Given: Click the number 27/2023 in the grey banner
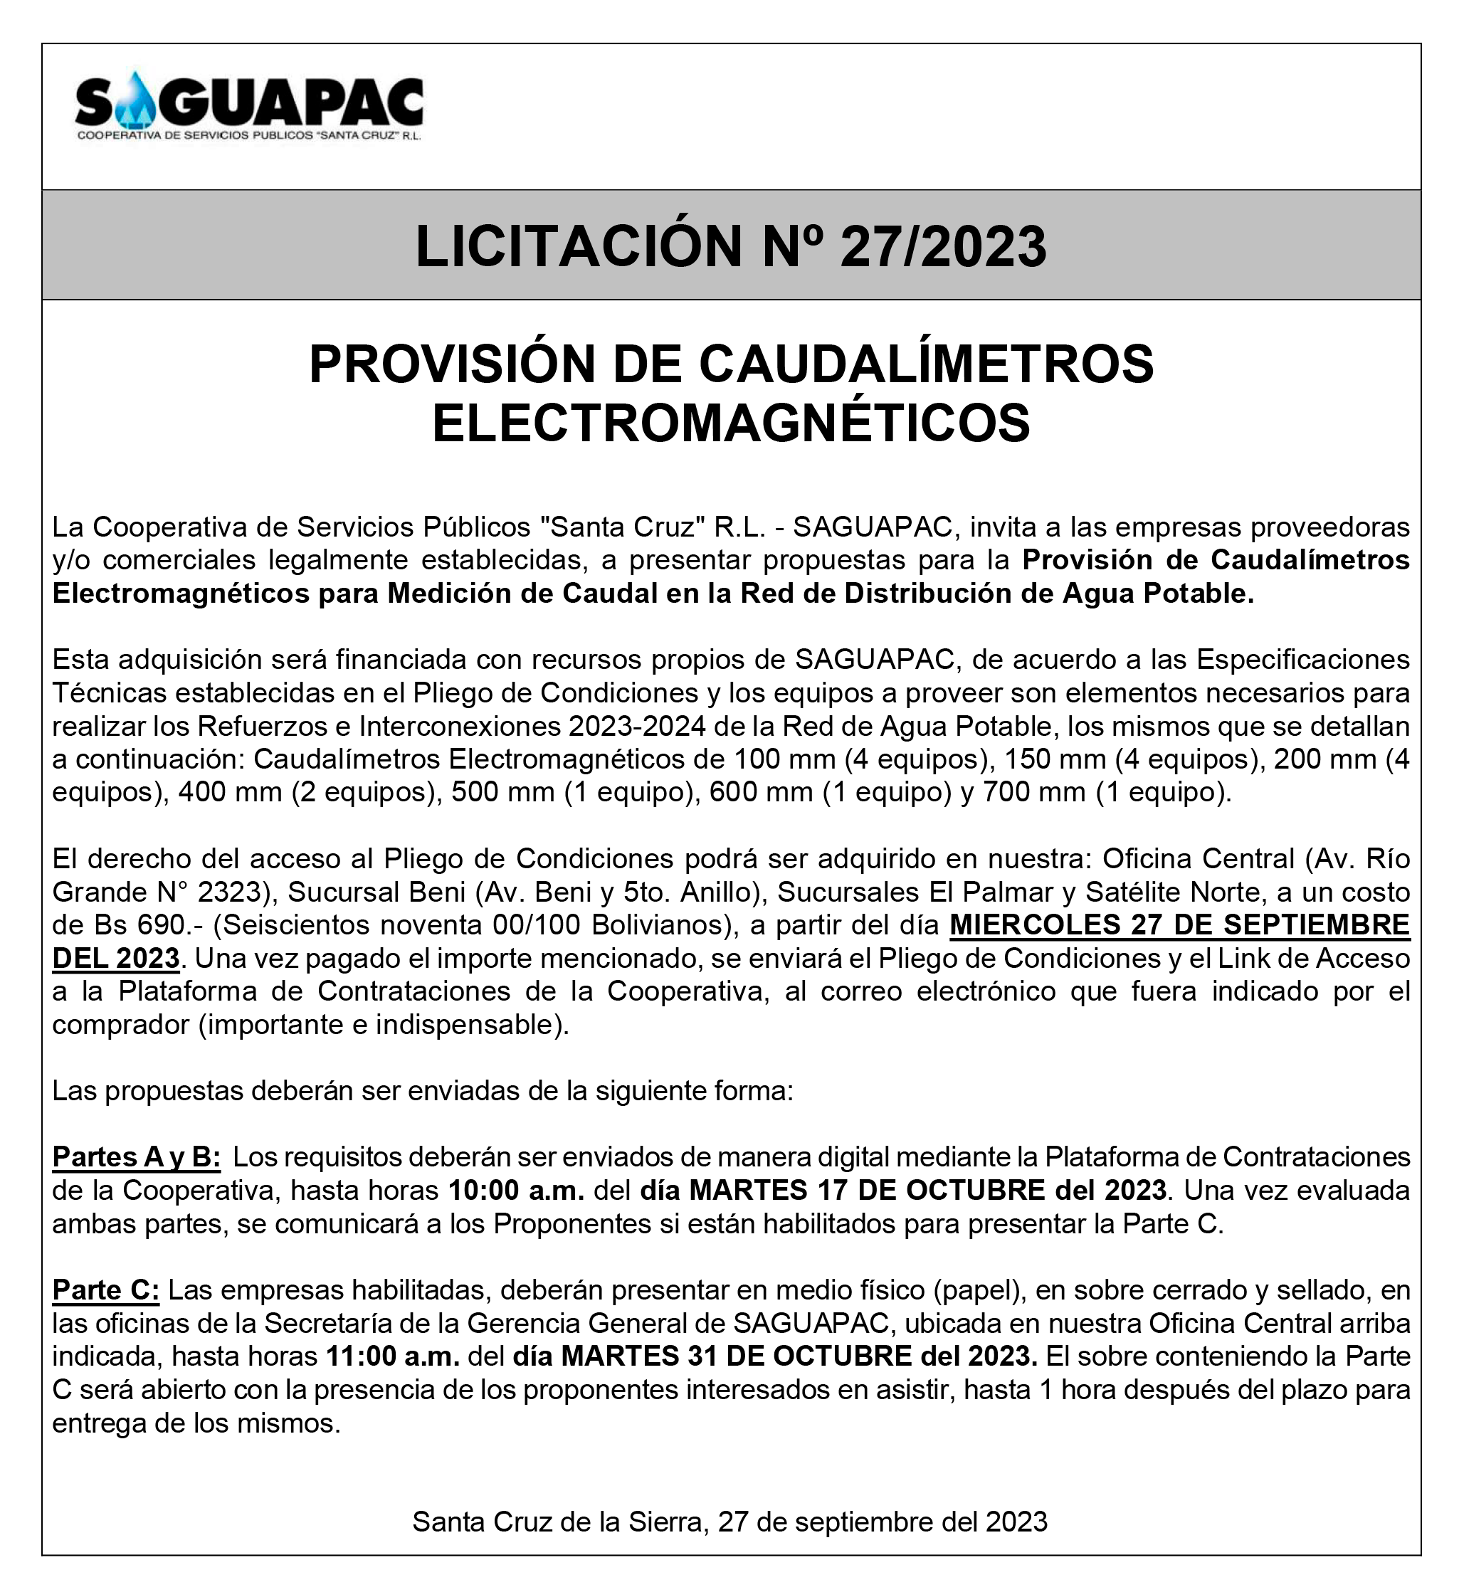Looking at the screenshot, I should coord(943,246).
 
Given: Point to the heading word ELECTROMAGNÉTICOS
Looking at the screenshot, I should coord(731,423).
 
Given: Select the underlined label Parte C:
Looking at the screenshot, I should coord(106,1290).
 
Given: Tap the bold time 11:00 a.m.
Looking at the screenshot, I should coord(394,1356).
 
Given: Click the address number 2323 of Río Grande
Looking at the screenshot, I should coord(229,892).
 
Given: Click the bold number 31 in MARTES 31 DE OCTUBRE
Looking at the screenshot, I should coord(702,1356).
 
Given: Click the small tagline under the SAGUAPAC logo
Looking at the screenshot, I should coord(249,137).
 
